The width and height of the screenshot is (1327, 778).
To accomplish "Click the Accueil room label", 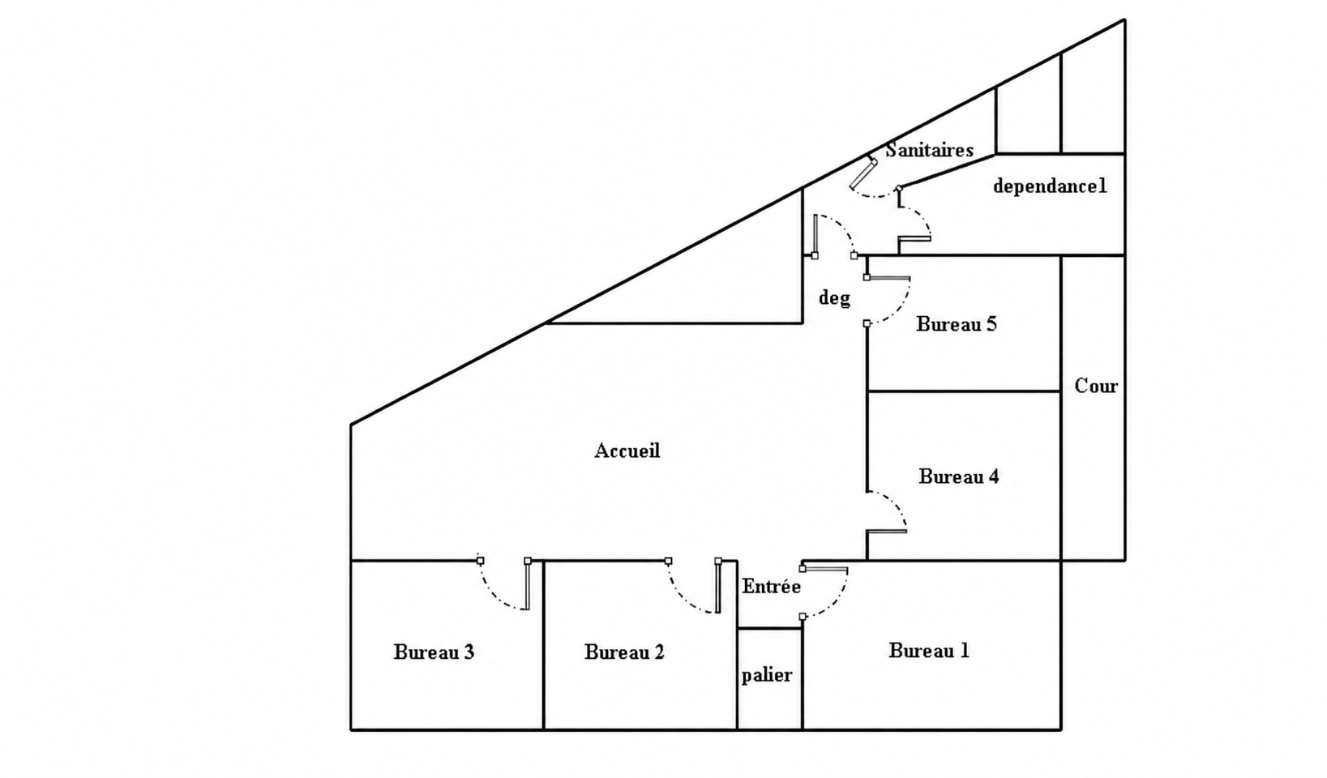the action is coord(627,451).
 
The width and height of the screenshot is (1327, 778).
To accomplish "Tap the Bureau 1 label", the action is coord(929,651).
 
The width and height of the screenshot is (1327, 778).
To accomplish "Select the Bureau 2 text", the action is coord(624,652).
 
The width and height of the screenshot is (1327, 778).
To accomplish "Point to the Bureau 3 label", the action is coord(434,652).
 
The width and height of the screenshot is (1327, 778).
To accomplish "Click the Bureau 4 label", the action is coord(958,477).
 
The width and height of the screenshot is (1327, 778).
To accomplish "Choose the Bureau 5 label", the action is coord(957,324).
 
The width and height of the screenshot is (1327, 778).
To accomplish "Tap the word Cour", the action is coord(1096,386).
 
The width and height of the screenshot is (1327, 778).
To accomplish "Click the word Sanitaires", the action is coord(930,150).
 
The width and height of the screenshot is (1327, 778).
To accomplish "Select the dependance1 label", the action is coord(1050,186).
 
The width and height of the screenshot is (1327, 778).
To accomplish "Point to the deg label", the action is coord(834,297).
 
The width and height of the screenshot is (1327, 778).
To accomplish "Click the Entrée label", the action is coord(772,586).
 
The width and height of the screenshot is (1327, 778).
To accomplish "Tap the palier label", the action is coord(767,675).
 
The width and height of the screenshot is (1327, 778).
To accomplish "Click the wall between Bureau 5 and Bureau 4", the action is coord(964,391).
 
